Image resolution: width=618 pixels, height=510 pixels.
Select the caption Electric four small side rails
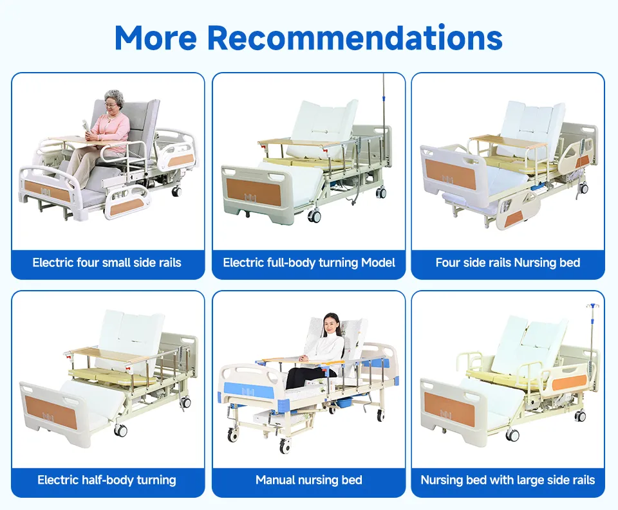pos(107,262)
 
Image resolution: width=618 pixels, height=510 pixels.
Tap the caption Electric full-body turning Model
pos(309,262)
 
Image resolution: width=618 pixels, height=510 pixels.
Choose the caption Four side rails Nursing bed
pos(508,262)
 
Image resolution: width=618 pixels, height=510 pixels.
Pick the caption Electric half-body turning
pos(107,480)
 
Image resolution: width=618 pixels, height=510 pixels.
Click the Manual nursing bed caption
pos(309,480)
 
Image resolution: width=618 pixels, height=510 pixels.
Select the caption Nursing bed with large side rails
pos(508,480)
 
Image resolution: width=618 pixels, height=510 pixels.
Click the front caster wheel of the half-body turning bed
pos(120,430)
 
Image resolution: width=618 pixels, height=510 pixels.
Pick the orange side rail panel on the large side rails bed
pos(570,381)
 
